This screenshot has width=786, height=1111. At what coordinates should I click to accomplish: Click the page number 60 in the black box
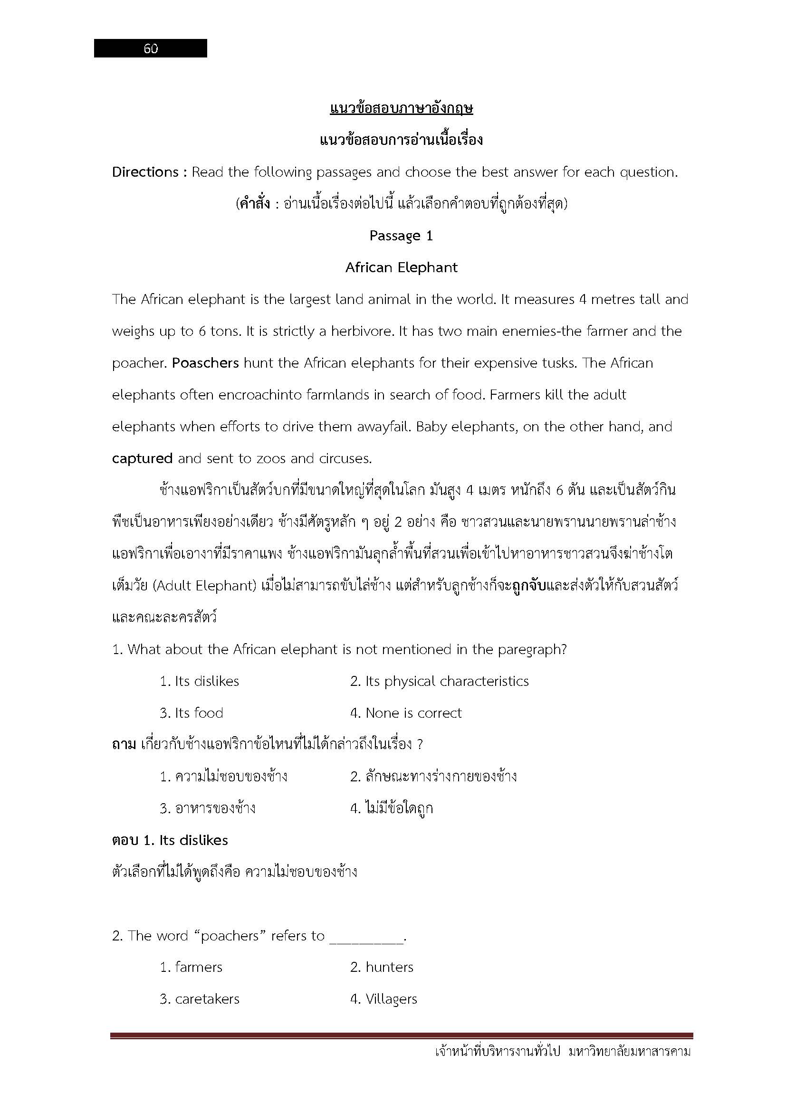coord(151,48)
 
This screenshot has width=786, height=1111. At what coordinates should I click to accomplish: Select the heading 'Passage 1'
coord(401,236)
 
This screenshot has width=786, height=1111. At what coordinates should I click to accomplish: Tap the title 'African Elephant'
coord(401,267)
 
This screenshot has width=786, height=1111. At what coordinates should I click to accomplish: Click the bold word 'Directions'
coord(145,172)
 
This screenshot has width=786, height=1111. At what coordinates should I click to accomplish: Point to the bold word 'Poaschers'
coord(205,363)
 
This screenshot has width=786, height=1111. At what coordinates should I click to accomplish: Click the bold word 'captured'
coord(142,458)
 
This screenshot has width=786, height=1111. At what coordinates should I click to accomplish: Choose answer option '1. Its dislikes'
coord(200,681)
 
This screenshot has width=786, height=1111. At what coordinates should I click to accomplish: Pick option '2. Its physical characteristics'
coord(440,681)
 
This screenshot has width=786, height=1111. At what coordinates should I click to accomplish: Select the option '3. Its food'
coord(191,713)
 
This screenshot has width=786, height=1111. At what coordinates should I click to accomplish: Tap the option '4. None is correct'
coord(406,713)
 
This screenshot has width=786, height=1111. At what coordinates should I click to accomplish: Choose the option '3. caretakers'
coord(200,999)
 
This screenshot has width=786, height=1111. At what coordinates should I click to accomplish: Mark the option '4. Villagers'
coord(383,999)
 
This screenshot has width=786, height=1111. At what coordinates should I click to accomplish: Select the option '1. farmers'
coord(191,967)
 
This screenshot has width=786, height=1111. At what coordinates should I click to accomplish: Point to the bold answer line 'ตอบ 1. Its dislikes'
coord(170,840)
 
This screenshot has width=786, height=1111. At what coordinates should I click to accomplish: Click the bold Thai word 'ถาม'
coord(124,745)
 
